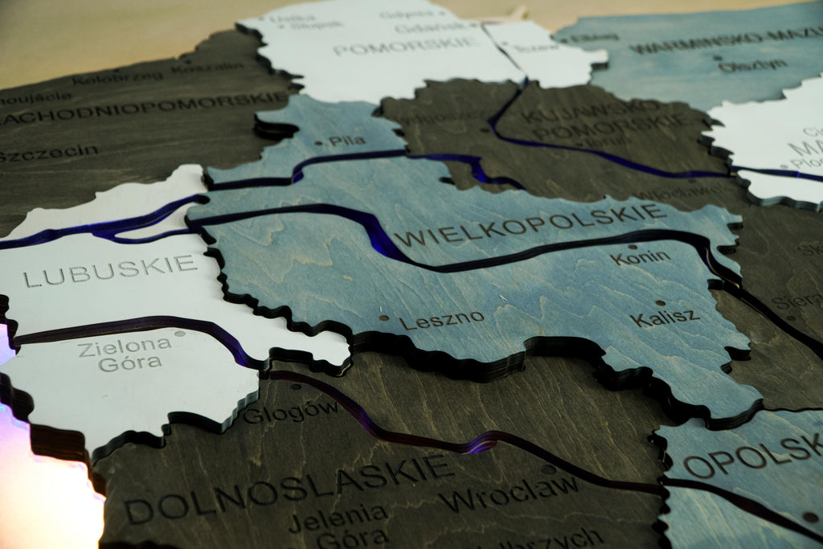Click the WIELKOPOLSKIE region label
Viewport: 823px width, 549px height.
tap(531, 225)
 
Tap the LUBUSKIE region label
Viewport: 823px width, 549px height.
tap(110, 271)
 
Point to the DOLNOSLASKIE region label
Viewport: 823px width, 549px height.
tap(289, 485)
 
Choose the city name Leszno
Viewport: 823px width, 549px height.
tap(442, 320)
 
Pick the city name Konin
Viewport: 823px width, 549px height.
tap(640, 258)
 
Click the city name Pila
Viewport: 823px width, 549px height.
tap(346, 141)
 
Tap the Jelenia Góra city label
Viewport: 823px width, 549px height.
tap(338, 525)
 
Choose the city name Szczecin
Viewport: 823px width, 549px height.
tap(48, 153)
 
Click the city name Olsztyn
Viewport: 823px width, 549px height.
tap(752, 64)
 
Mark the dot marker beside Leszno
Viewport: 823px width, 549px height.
tap(384, 318)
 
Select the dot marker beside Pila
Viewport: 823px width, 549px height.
tap(319, 143)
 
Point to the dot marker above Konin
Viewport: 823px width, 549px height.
tap(633, 248)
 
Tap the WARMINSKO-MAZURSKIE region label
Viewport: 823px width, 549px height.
tap(723, 40)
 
